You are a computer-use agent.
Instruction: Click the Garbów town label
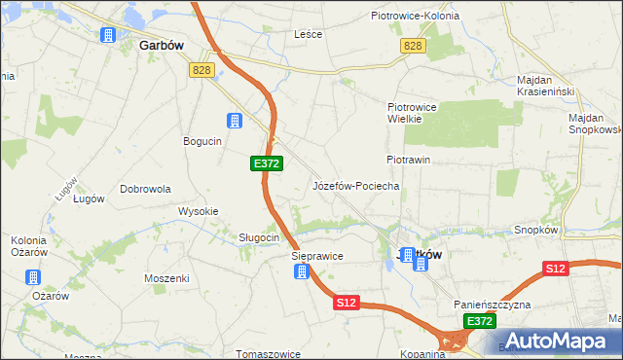point(163,45)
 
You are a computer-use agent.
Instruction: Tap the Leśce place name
point(309,33)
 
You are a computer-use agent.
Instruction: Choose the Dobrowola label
point(147,189)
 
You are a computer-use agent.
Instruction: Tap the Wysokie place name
point(198,211)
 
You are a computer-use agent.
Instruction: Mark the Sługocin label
point(260,237)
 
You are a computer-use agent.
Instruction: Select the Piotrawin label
point(408,159)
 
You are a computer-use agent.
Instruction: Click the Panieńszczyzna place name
point(492,305)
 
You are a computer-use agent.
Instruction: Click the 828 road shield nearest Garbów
point(202,69)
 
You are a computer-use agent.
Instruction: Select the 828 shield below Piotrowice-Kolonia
point(413,47)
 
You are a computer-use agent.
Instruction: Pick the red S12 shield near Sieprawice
point(348,304)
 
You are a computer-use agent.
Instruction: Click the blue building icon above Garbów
point(108,35)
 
